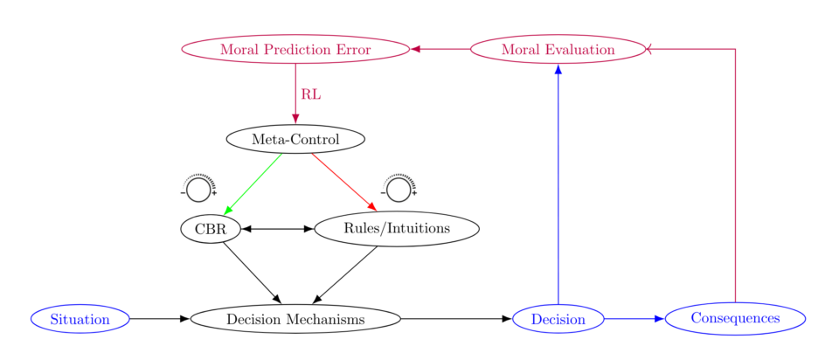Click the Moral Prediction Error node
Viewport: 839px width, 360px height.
pos(295,50)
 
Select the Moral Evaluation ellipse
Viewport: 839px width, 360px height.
pos(558,50)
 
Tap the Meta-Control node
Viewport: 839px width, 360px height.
pos(295,139)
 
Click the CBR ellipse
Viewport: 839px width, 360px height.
pos(210,229)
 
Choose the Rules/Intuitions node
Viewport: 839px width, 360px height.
pos(397,229)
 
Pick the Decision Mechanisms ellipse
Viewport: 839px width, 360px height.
pos(295,320)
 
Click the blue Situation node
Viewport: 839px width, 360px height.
pos(80,320)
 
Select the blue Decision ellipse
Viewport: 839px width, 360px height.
pos(558,320)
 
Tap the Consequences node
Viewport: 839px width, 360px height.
pos(735,319)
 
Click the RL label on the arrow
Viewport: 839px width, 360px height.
pos(310,94)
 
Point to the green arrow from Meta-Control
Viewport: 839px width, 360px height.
pos(253,183)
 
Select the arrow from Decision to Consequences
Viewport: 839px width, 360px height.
pos(634,320)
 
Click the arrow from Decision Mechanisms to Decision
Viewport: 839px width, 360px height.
pos(455,320)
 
